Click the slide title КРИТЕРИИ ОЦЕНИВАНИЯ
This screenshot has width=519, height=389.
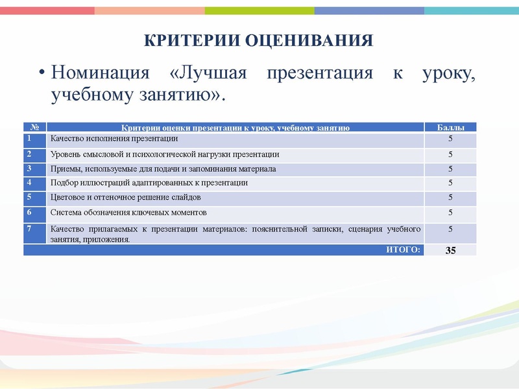tap(258, 41)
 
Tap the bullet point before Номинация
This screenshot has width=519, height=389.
tap(41, 72)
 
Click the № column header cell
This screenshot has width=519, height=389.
tap(35, 128)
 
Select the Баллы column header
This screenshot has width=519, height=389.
tap(450, 128)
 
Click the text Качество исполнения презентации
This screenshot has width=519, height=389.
tap(114, 139)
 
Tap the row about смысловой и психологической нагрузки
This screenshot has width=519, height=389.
tap(165, 154)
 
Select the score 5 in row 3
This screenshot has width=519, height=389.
tap(450, 169)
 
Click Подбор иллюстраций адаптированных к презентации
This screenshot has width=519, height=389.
tap(149, 183)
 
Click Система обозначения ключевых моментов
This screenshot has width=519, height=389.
tap(128, 212)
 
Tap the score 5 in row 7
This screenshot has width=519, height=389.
tap(450, 229)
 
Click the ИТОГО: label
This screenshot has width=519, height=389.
tap(403, 249)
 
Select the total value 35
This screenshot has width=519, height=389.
tap(450, 250)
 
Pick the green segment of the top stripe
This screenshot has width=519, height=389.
tap(259, 10)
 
